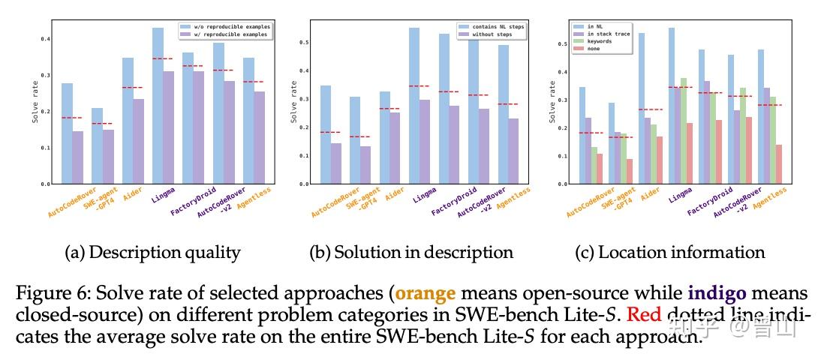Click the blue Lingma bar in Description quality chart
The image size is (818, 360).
tap(158, 106)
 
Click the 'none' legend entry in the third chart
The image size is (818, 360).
tap(597, 49)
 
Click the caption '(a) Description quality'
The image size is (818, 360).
tap(153, 253)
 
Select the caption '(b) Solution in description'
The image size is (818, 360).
tap(411, 253)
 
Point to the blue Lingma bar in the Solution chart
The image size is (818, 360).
tap(414, 106)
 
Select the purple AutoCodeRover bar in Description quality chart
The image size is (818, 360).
tap(77, 157)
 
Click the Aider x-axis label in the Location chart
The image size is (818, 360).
tap(651, 196)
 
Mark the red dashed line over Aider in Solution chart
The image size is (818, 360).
tap(389, 109)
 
